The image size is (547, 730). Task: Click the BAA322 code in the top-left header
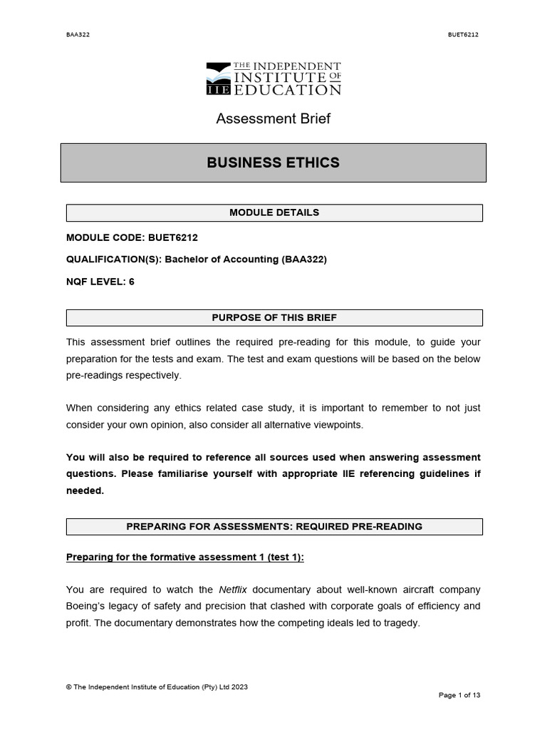click(x=78, y=35)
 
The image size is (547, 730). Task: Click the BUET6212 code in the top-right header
click(x=463, y=35)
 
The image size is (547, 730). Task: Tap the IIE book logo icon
click(x=218, y=79)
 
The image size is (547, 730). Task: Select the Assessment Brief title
click(x=273, y=119)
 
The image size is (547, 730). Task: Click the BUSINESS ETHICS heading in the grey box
click(x=273, y=163)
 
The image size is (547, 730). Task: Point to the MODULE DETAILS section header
click(x=273, y=212)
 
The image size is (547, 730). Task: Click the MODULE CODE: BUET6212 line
click(x=132, y=237)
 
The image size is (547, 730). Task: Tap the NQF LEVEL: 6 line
click(x=100, y=282)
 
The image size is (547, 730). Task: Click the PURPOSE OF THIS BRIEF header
click(x=273, y=317)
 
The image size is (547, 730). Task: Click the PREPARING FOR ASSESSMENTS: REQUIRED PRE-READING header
click(x=273, y=526)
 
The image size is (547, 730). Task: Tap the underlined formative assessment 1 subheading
click(x=184, y=557)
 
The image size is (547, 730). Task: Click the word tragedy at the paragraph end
click(x=400, y=622)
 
